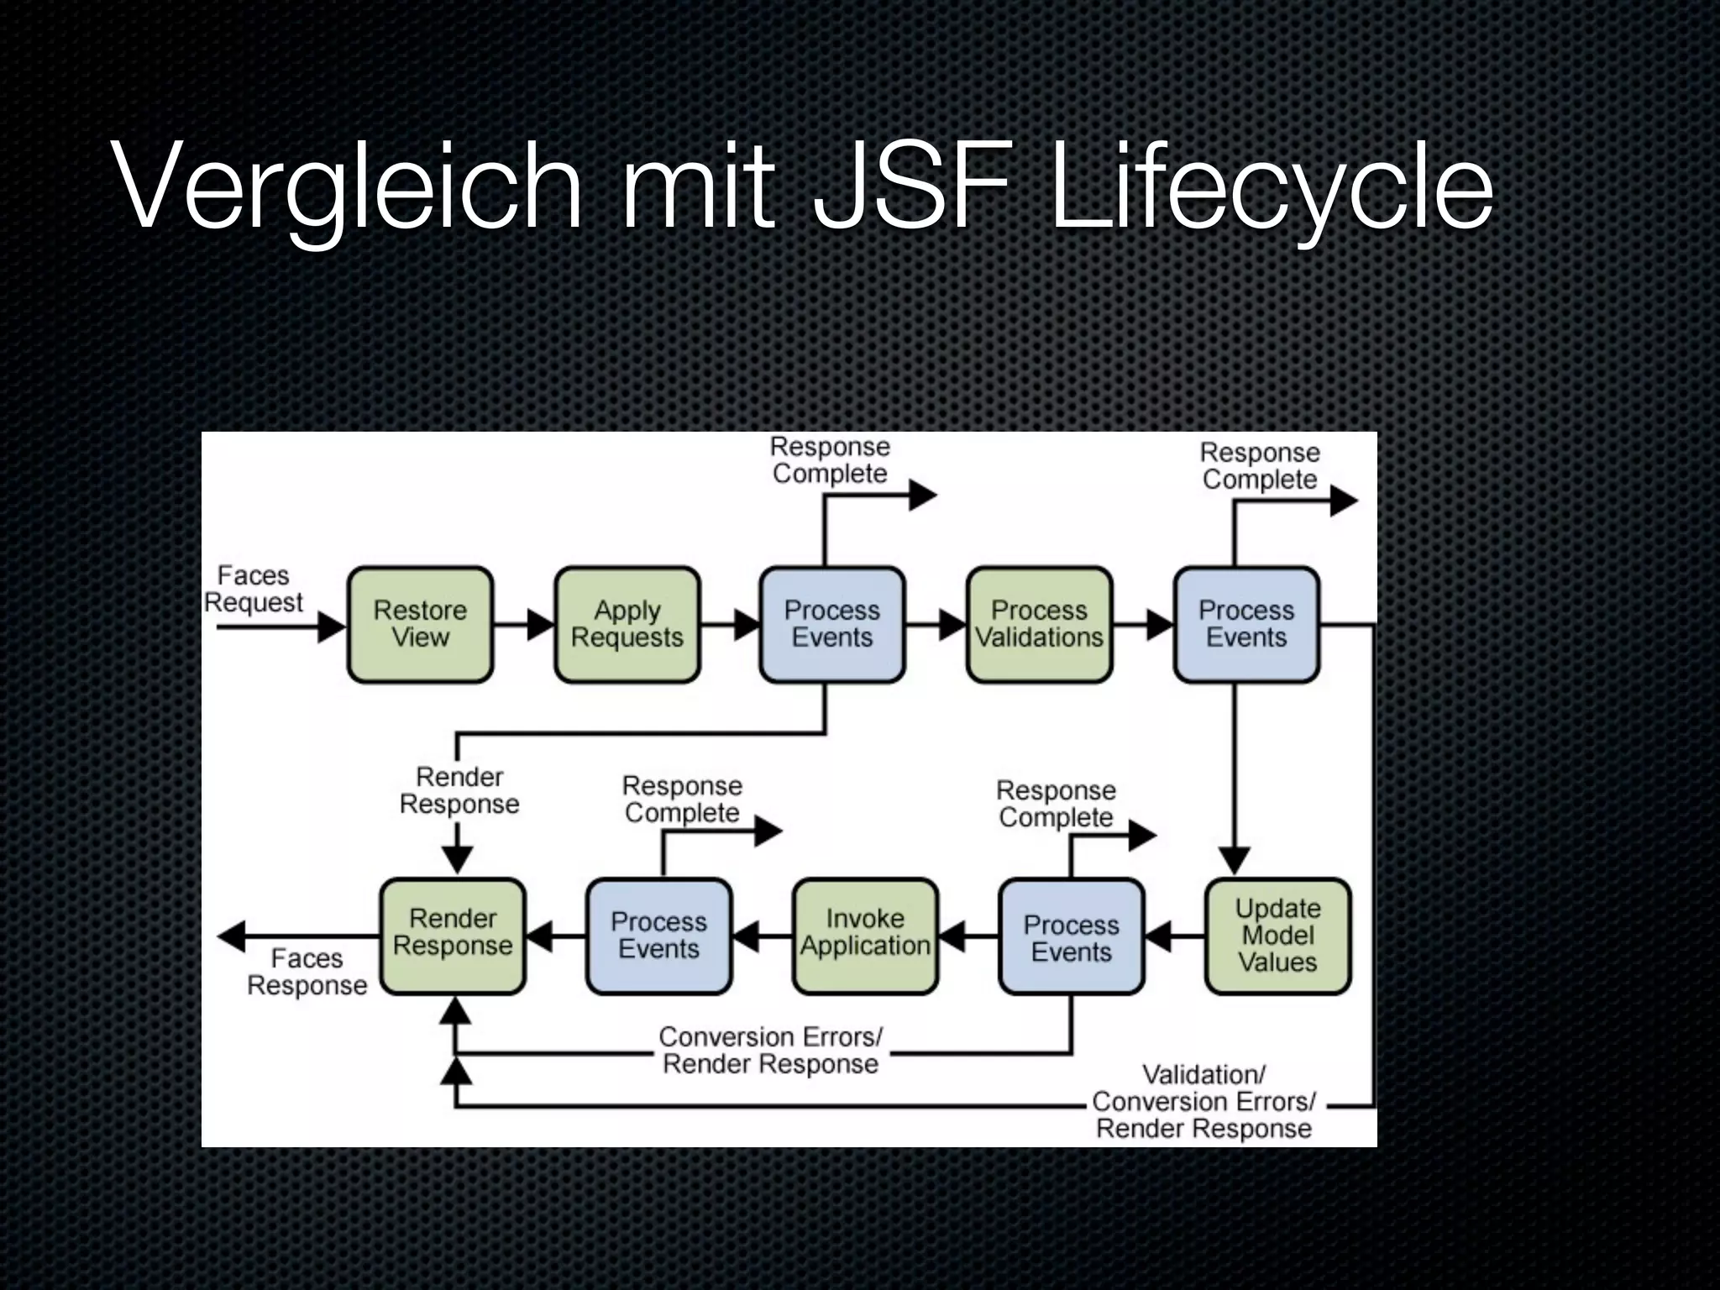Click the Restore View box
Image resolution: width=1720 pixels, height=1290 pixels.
tap(420, 624)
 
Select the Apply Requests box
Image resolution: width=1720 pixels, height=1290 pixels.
tap(627, 624)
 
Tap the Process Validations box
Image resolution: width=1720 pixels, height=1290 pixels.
tap(1039, 624)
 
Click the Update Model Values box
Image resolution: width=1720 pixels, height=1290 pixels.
tap(1277, 936)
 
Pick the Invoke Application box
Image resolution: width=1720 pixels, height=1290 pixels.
tap(865, 936)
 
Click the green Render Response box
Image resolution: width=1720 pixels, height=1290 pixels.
tap(453, 936)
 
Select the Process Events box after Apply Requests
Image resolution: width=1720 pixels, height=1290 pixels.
tap(832, 624)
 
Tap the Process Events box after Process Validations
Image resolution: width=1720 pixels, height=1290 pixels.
tap(1246, 624)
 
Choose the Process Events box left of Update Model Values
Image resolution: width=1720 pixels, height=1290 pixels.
tap(1071, 937)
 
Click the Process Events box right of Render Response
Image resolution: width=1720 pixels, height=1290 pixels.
tap(658, 936)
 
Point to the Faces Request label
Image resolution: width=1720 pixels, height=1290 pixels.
tap(253, 589)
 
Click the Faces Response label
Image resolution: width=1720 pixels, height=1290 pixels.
tap(307, 972)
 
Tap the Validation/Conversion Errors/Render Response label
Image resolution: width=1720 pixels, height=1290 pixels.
tap(1203, 1101)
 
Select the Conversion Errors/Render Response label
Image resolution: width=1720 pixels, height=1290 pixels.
tap(770, 1050)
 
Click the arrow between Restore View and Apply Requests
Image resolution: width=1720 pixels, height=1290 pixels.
tap(524, 624)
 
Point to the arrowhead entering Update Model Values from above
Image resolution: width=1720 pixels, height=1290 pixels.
tap(1235, 861)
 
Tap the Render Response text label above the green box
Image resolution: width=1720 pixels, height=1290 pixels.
tap(459, 790)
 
